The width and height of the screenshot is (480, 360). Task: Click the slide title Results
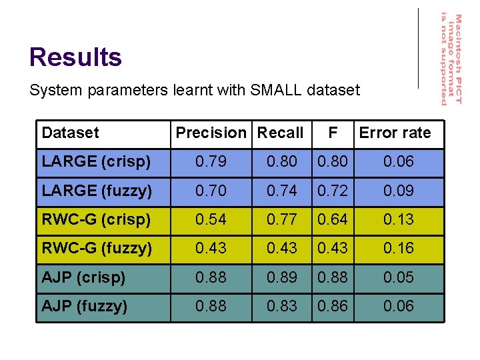(75, 57)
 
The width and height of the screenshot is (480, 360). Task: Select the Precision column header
(211, 133)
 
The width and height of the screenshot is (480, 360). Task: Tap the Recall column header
(280, 133)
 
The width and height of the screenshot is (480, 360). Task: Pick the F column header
(333, 133)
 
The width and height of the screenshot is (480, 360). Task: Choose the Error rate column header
(395, 133)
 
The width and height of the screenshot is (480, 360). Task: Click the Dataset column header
(70, 133)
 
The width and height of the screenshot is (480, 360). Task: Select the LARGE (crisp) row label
(96, 161)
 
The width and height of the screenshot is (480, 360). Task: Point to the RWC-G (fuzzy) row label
(97, 248)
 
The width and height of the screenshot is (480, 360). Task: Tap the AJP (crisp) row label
(83, 277)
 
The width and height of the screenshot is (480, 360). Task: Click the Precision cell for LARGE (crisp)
(211, 161)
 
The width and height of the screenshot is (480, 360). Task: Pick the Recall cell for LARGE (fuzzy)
(281, 191)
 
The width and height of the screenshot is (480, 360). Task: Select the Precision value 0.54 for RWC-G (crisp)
(211, 219)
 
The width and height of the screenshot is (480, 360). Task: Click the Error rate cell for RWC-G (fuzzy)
(398, 248)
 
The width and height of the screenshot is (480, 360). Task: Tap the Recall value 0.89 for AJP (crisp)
(281, 277)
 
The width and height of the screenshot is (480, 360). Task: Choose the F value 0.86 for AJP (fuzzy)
(333, 306)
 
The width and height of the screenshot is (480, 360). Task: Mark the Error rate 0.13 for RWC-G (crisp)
(398, 219)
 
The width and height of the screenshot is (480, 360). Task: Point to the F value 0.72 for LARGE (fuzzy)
(333, 191)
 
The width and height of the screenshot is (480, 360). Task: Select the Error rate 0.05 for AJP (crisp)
(398, 277)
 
